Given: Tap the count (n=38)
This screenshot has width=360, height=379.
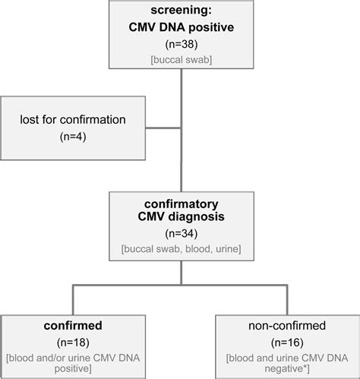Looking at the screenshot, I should (181, 46).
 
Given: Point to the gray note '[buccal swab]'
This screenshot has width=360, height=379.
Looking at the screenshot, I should (181, 59).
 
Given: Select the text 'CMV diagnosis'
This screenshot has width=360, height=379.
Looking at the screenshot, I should (181, 219).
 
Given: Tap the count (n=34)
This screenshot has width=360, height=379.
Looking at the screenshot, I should (181, 234).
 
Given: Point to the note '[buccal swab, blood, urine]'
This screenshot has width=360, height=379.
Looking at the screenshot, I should (181, 248).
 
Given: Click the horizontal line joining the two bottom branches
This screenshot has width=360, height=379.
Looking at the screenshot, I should (181, 286).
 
